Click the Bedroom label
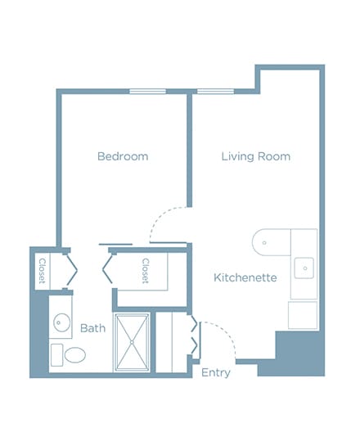[x=123, y=156]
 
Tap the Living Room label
[x=256, y=156]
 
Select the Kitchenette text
[x=245, y=277]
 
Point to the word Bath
[x=92, y=328]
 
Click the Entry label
[x=216, y=373]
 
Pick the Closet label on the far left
[x=42, y=271]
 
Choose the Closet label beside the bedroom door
[x=146, y=271]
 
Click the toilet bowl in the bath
[x=75, y=354]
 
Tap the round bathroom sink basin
[x=61, y=322]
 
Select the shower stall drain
[x=132, y=342]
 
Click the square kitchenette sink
[x=304, y=268]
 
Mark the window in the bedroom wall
[x=147, y=92]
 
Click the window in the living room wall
[x=215, y=92]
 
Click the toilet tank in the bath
[x=57, y=355]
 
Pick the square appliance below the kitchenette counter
[x=303, y=315]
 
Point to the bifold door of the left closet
[x=72, y=270]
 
